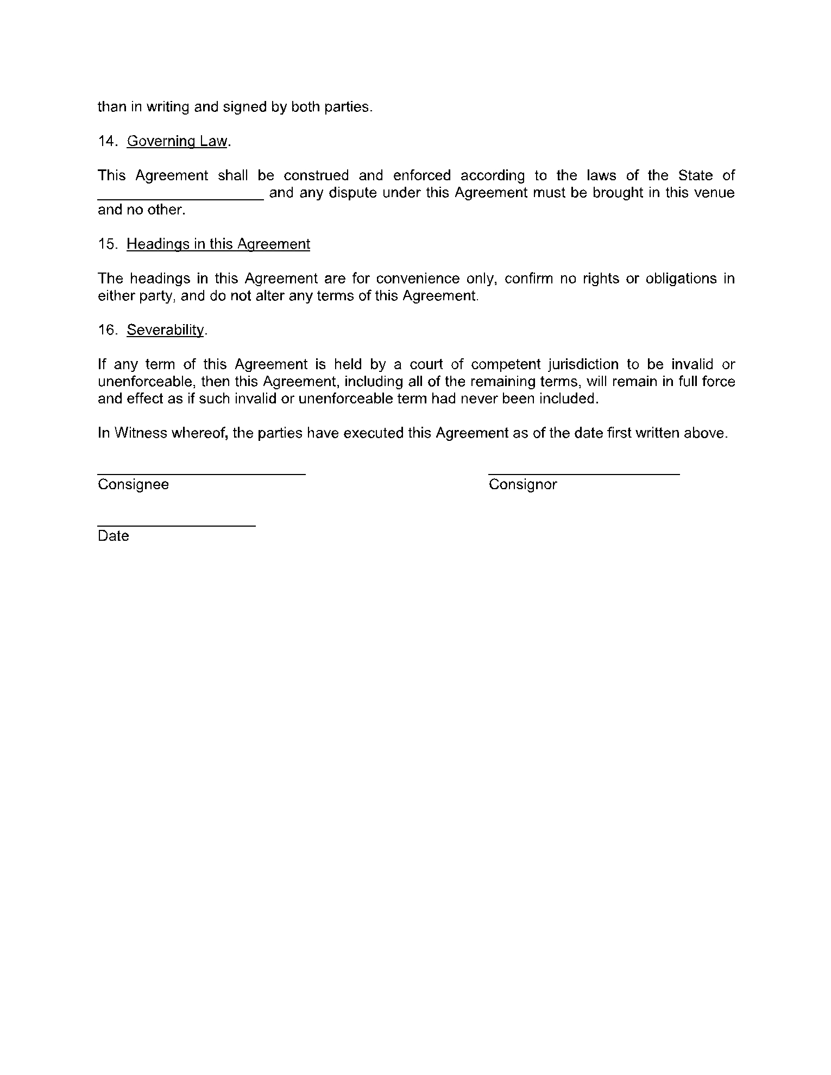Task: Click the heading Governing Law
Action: pos(177,141)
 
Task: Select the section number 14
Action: pos(106,141)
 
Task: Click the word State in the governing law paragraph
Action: pos(695,175)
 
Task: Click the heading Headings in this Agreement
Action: pos(218,244)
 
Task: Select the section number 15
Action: pos(106,244)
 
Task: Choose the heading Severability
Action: pos(166,330)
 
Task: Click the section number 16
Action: pos(106,330)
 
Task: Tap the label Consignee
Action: pos(133,484)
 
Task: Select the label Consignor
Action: pos(522,484)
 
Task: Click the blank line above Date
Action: pos(177,524)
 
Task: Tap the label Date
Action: pos(113,536)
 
